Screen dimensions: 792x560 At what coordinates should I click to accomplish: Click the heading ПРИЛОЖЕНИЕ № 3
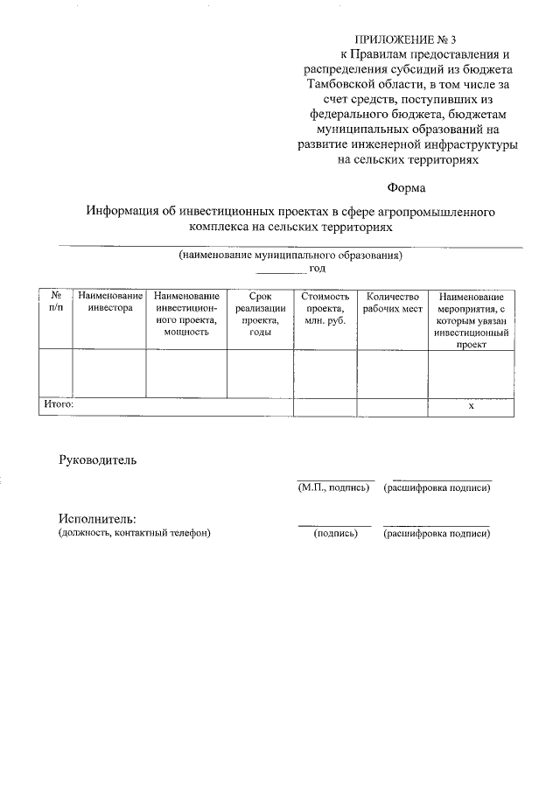pos(406,39)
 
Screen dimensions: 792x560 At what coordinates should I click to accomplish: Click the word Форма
pos(407,187)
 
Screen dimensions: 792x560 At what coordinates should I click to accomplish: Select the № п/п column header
pos(55,303)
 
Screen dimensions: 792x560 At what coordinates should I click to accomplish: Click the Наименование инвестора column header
pos(109,303)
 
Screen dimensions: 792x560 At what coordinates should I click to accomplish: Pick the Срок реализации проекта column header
pos(260,314)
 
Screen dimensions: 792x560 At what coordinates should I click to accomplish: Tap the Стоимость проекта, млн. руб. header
pos(325,309)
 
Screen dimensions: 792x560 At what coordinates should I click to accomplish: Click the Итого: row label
pos(59,404)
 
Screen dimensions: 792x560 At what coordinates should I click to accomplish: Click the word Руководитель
pos(98,459)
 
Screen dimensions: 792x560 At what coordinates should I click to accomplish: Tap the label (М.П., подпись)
pos(334,487)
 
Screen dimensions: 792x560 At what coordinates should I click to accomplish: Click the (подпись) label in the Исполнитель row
pos(336,533)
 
